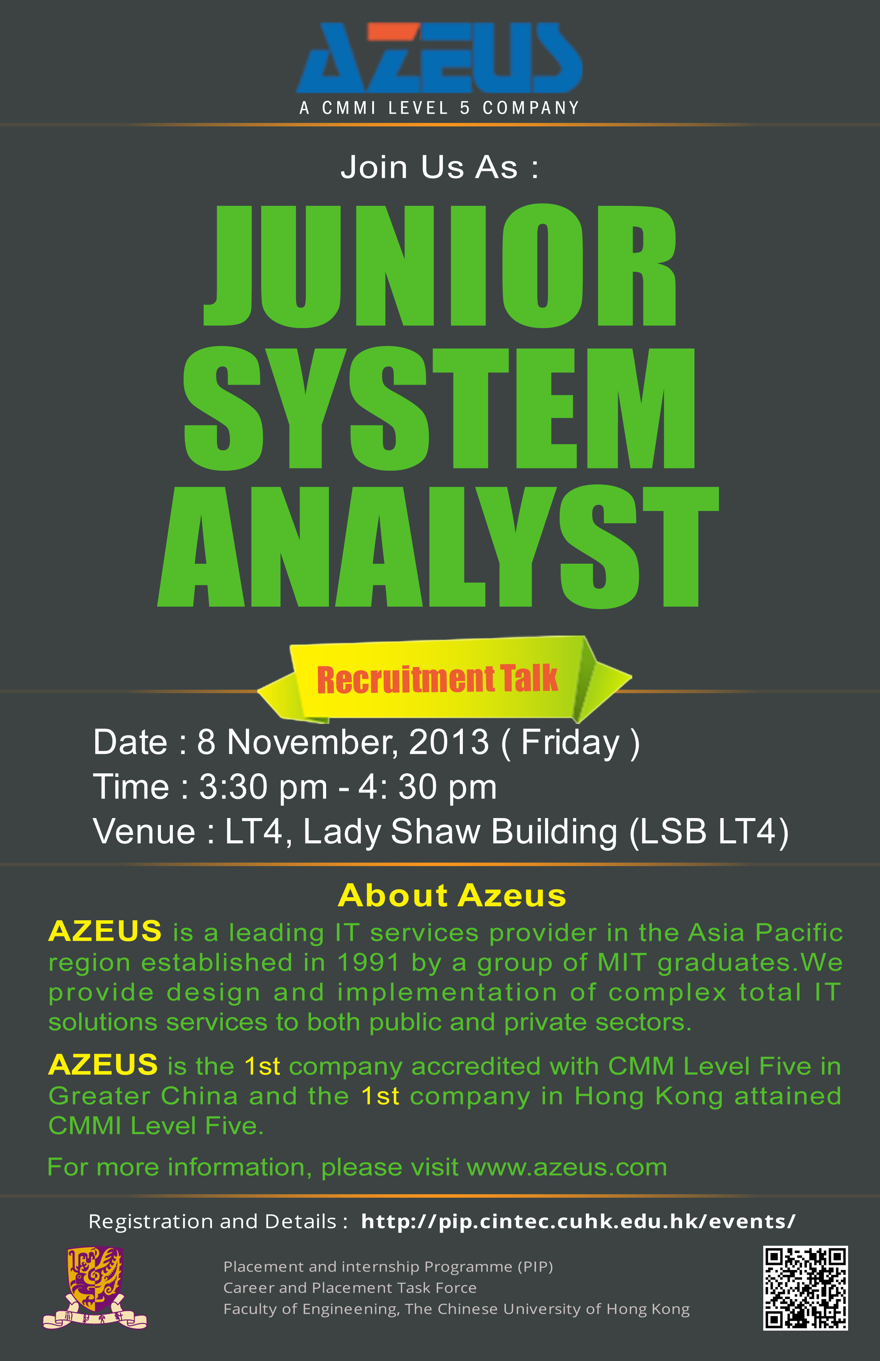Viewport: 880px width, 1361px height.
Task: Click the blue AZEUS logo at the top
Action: pos(439,58)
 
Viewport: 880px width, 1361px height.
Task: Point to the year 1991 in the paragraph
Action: pos(368,963)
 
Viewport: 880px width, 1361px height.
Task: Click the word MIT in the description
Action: pos(622,963)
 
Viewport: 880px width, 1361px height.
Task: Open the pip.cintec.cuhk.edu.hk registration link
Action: pos(578,1221)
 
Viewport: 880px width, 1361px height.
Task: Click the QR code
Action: pos(805,1288)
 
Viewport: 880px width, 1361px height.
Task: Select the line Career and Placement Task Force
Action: pos(350,1288)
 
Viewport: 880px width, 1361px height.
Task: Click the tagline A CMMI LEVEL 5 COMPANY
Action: pos(439,108)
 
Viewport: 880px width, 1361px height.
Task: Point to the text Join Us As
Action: pos(439,168)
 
